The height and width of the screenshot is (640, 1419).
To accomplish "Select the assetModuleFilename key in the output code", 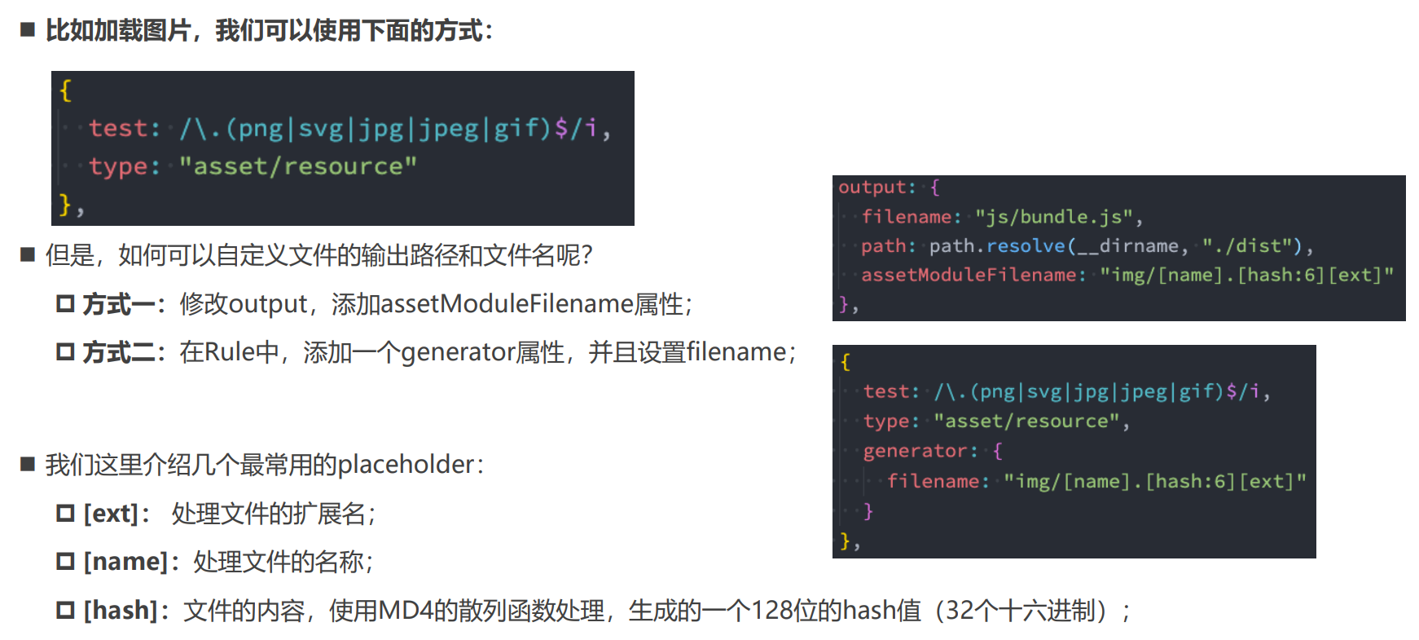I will (x=969, y=275).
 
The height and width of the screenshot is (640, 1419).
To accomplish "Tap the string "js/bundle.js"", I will (x=1054, y=217).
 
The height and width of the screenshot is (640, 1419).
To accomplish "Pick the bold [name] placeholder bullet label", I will (x=125, y=562).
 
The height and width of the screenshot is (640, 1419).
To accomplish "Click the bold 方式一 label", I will (x=118, y=304).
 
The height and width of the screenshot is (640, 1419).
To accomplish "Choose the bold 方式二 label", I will (x=118, y=352).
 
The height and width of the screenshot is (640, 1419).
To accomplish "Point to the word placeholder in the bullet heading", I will (x=406, y=465).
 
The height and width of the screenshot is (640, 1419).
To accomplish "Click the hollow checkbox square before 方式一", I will (x=65, y=304).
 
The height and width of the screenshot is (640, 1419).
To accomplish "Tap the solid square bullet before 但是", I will (x=28, y=255).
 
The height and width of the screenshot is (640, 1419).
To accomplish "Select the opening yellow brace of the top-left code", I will (x=66, y=90).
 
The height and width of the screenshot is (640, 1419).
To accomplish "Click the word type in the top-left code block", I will (x=118, y=166).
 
